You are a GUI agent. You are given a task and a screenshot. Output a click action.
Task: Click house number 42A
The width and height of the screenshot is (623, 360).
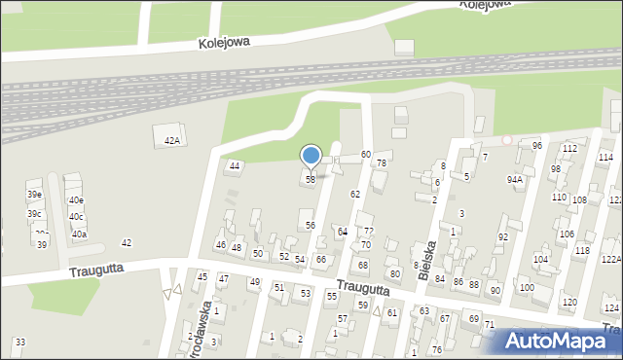171,141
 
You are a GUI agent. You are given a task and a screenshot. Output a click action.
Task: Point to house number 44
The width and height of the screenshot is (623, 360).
234,165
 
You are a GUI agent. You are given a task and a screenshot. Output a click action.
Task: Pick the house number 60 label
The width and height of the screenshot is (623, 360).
366,155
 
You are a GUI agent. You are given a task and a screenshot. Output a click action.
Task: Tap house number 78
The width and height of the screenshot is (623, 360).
382,162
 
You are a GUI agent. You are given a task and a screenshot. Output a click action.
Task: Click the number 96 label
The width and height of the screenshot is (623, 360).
536,145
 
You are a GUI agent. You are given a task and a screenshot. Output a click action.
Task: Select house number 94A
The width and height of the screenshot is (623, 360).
514,180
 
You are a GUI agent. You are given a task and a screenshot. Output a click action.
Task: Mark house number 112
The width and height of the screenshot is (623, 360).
569,149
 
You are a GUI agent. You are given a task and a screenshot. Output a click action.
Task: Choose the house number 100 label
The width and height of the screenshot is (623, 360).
527,288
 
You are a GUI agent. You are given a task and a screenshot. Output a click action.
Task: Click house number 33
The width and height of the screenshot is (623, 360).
20,342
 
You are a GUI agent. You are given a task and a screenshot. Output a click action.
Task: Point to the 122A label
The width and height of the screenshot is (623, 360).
610,259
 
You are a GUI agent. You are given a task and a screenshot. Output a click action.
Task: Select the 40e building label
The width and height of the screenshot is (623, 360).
76,200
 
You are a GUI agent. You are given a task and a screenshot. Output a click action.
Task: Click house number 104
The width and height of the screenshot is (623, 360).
540,259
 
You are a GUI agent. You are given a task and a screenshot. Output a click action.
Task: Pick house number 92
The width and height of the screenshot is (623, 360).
503,236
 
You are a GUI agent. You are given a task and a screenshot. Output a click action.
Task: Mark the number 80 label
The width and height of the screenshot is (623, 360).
394,273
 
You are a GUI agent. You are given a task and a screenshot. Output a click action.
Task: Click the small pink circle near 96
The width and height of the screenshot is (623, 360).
506,140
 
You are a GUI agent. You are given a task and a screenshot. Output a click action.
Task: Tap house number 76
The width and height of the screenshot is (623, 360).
437,349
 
